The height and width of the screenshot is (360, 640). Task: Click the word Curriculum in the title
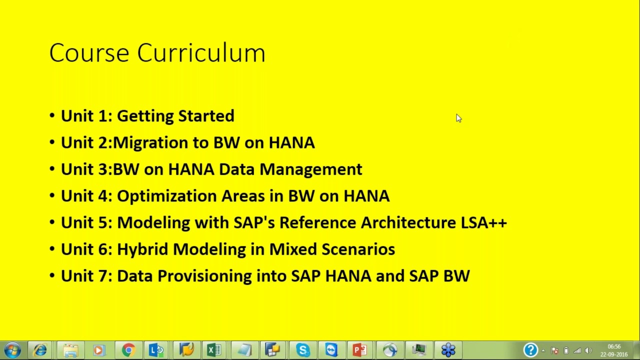point(201,53)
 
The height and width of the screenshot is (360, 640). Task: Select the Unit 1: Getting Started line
point(147,116)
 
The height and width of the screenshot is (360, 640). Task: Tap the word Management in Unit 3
point(310,169)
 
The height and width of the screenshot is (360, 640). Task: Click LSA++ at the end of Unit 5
point(483,222)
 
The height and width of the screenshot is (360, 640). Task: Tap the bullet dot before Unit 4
point(52,196)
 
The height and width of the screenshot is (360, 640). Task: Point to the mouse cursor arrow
point(458,118)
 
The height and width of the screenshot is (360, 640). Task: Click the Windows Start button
point(12,350)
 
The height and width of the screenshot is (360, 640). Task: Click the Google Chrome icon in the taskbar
point(128,350)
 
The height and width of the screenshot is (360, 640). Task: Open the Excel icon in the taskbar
point(214,350)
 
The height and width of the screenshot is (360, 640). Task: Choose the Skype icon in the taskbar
point(302,350)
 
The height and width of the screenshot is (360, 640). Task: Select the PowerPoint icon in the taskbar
point(360,350)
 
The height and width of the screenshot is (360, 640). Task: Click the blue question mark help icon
point(530,350)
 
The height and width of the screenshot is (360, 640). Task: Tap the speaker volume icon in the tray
point(588,350)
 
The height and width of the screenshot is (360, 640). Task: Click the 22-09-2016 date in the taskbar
point(614,354)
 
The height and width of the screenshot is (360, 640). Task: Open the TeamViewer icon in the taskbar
point(331,350)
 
